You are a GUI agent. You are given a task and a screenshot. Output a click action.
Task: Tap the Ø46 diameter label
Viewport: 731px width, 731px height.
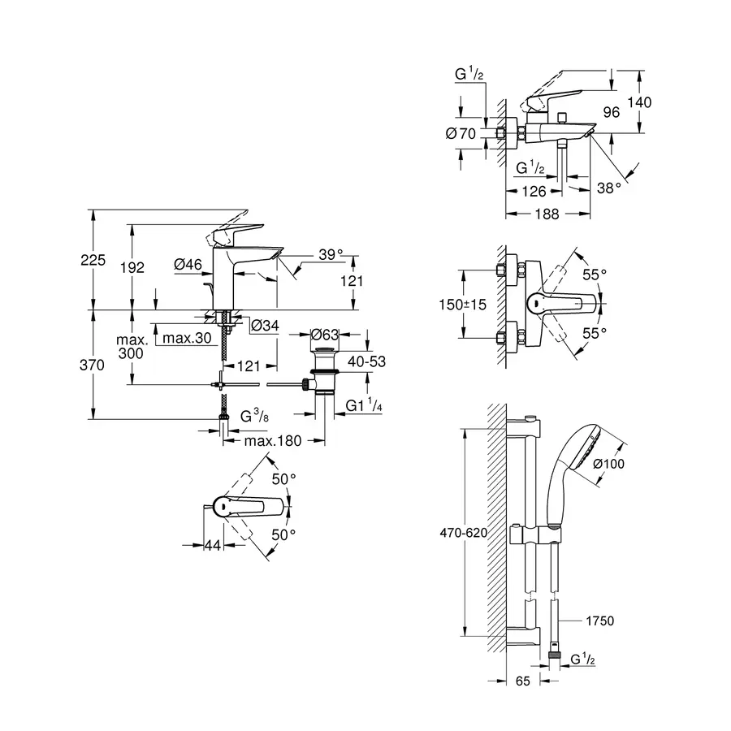click(188, 264)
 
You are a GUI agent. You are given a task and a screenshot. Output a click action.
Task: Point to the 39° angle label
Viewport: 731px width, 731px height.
click(329, 254)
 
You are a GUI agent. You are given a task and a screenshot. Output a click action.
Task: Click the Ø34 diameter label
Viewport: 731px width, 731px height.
click(264, 326)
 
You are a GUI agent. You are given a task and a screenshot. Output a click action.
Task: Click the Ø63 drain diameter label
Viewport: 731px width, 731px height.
click(324, 334)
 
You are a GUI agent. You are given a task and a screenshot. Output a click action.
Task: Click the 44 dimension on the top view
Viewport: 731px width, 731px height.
click(212, 547)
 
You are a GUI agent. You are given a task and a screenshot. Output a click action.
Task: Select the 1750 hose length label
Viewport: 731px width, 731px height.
click(599, 621)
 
